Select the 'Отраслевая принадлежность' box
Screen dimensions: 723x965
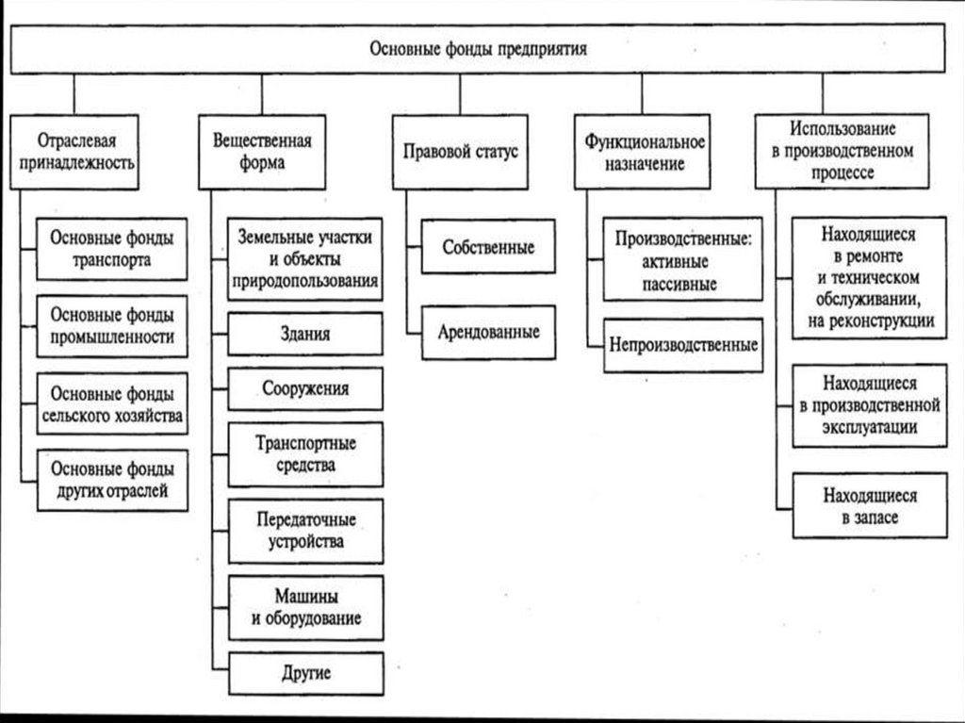74,150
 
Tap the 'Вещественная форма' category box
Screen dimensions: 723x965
262,150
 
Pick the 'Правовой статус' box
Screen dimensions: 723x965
461,151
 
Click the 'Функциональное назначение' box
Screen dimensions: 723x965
645,150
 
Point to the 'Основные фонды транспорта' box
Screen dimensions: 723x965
112,248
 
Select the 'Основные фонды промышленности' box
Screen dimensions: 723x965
112,325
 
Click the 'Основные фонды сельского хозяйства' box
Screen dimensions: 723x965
112,403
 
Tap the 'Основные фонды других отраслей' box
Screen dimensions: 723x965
112,479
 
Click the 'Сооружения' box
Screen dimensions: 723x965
304,388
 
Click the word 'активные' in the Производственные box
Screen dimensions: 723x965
683,261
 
